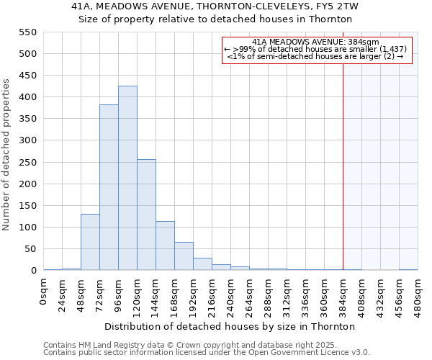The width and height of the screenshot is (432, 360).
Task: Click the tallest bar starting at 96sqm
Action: (x=127, y=179)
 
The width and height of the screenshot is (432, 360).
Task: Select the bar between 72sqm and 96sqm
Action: (x=109, y=187)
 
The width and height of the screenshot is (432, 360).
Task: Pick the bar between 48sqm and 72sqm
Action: (x=90, y=242)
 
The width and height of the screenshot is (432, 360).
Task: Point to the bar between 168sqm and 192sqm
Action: (x=184, y=256)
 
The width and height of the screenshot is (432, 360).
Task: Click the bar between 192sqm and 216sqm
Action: (x=202, y=264)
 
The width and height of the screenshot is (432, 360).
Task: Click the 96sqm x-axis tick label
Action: (x=119, y=292)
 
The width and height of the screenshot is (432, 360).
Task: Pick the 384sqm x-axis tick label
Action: (x=343, y=292)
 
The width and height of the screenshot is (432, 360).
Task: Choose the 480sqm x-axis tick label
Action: (x=418, y=292)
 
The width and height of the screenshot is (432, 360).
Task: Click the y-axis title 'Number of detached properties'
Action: (x=7, y=155)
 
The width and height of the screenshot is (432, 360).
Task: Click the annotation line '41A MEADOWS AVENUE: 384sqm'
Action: (x=316, y=42)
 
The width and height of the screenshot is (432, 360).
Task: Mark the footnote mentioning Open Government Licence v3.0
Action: (x=207, y=353)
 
